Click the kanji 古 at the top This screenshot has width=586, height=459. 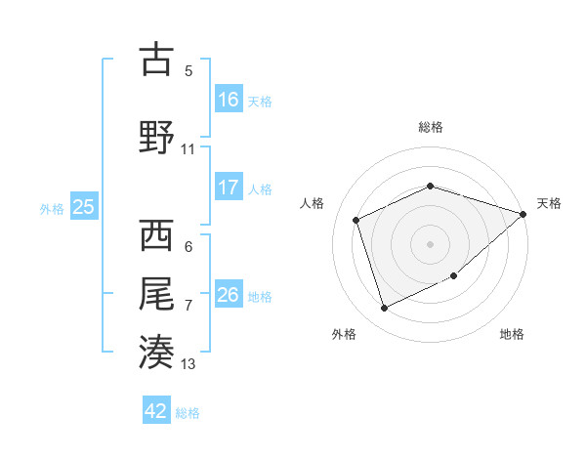[156, 60]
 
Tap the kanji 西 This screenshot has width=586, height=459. [156, 235]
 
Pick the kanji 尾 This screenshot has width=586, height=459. [156, 292]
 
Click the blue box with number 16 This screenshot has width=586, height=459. [229, 99]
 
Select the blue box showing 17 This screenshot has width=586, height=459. [229, 187]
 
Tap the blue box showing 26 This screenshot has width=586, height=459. [229, 295]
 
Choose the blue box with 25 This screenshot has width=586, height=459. [83, 207]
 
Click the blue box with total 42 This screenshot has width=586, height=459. [156, 411]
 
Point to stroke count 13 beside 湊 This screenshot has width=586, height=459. [188, 364]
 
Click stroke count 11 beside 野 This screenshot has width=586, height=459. [188, 149]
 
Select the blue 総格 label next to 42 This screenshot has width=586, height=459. [188, 413]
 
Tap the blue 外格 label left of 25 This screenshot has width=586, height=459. [52, 208]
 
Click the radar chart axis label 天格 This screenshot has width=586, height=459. [549, 203]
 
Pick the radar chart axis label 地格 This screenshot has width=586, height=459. [512, 334]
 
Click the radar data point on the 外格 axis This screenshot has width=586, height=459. [385, 309]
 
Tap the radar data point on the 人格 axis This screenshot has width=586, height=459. [356, 220]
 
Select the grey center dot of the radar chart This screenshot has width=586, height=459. [430, 243]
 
